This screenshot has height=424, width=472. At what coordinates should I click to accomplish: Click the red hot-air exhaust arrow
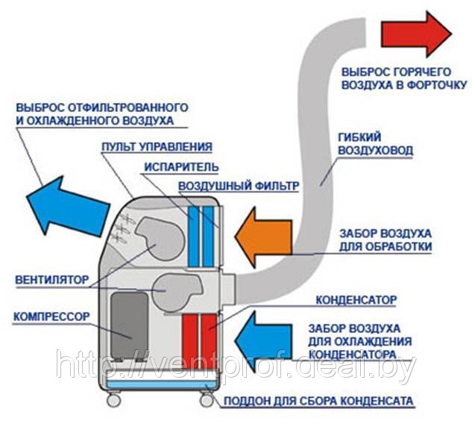coord(416,34)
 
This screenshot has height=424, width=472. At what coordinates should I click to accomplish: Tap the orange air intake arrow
coord(262,237)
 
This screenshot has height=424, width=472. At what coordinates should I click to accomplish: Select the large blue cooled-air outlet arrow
coord(67,206)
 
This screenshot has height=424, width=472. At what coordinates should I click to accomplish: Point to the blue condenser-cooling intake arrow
coord(262,341)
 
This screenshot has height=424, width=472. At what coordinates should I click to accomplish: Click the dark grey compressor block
coord(130,325)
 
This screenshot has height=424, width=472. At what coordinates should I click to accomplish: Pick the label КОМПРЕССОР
coord(51,317)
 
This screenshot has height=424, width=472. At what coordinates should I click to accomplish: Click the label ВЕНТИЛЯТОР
coord(51,280)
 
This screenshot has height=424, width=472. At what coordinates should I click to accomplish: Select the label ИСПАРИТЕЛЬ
coord(181,167)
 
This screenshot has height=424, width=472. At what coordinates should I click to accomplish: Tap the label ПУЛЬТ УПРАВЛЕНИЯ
coord(157,147)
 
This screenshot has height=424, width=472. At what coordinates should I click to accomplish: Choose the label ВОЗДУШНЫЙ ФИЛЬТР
coord(239,186)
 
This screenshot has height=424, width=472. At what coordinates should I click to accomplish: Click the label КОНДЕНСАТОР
coord(356,300)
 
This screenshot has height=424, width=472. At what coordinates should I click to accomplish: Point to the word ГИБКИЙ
coord(359,137)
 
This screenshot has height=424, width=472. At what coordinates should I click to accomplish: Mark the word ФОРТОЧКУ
coord(437,85)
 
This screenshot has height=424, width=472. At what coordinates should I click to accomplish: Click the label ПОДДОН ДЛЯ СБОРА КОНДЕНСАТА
coord(318,402)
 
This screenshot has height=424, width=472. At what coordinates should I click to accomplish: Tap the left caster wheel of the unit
coord(114,399)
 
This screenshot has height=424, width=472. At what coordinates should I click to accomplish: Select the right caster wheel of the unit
coord(207,400)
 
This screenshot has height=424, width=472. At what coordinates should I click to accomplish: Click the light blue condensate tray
coord(163,384)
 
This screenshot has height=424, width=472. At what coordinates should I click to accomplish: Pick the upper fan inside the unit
coord(160,238)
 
